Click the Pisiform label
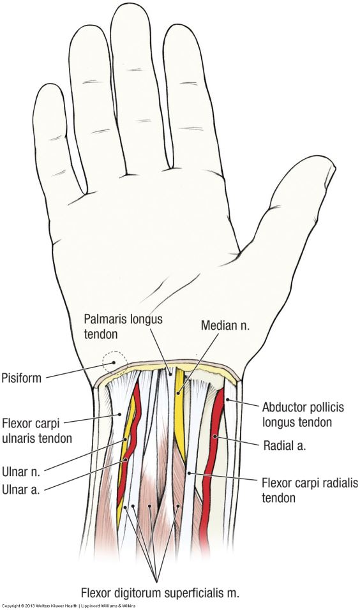pos(22,378)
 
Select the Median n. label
pos(225,325)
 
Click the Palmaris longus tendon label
pos(123,327)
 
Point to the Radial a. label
pos(285,445)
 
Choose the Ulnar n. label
pos(20,472)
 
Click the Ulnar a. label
pos(20,489)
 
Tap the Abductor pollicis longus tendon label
pos(303,414)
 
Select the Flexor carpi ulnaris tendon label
pos(37,431)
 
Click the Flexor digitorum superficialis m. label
pos(160,593)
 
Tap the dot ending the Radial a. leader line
pos(214,437)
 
